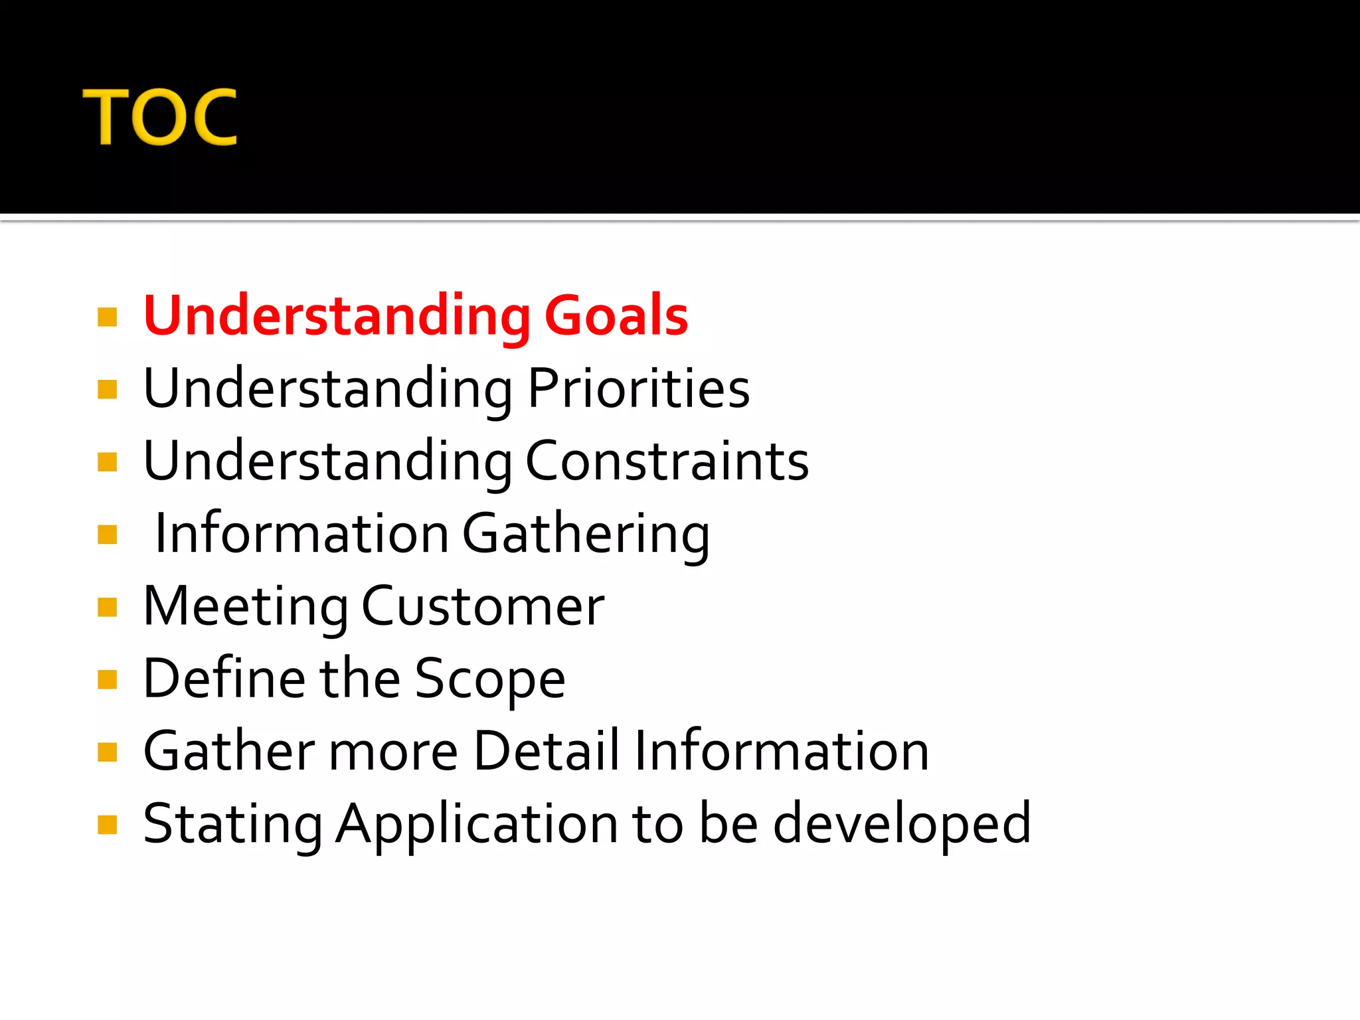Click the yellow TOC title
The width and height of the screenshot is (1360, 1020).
tap(159, 117)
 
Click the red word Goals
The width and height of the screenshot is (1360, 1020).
tap(616, 315)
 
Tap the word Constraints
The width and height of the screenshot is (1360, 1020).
tap(667, 461)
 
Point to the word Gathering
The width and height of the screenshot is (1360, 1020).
tap(586, 534)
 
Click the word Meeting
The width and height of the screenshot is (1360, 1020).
tap(246, 606)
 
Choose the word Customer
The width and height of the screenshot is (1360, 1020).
tap(483, 606)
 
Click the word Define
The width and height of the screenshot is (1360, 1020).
tap(224, 678)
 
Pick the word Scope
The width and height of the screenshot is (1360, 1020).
tap(490, 679)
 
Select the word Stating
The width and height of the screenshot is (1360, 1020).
tap(232, 824)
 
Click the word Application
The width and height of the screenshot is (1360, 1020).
tap(476, 824)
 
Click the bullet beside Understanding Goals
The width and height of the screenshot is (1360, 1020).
tap(107, 317)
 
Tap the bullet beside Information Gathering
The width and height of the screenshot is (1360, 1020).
tap(107, 535)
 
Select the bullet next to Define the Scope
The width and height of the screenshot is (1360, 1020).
tap(107, 679)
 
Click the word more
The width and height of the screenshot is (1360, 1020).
tap(392, 752)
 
